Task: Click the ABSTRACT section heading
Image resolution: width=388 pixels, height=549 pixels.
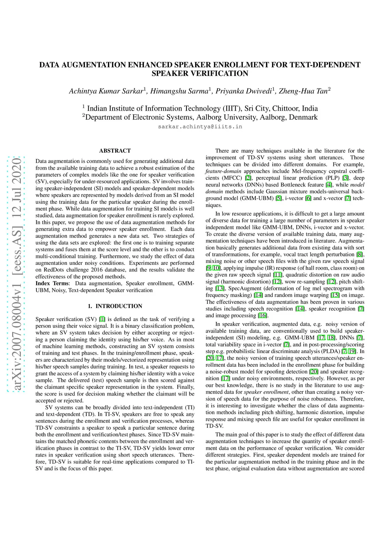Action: pos(115,151)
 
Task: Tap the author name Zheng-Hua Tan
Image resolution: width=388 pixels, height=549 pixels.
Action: pos(303,91)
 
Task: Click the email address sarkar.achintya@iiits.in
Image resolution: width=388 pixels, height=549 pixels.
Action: pos(200,127)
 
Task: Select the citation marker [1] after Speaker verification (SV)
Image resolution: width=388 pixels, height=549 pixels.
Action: pos(102,319)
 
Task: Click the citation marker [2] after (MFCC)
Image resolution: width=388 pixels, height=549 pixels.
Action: pos(248,178)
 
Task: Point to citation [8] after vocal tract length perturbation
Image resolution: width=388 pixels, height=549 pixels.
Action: pos(360,255)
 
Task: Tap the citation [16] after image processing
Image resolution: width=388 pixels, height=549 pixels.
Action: pos(263,316)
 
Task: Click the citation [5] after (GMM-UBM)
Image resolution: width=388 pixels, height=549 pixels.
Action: pos(278,199)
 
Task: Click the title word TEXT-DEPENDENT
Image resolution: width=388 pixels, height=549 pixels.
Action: pos(325,65)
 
